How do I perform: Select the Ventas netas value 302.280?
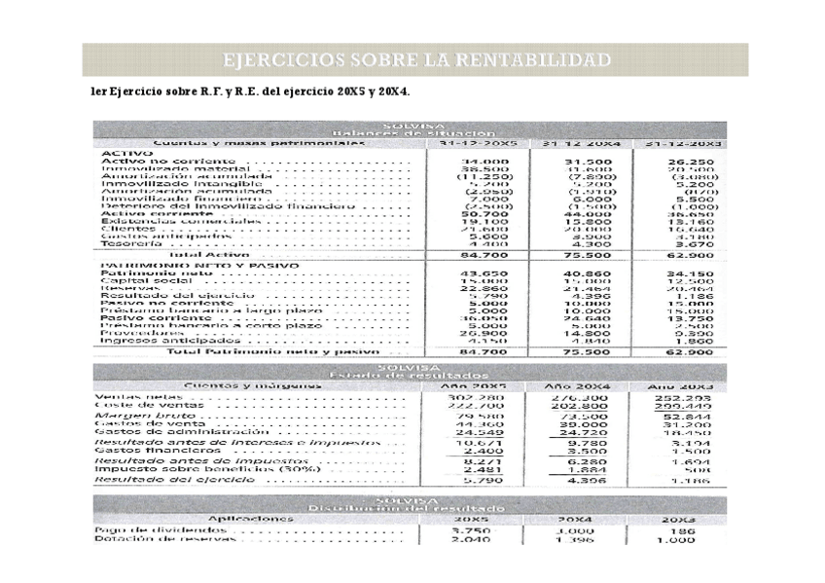476,397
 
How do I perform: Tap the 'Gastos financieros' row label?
144,451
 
